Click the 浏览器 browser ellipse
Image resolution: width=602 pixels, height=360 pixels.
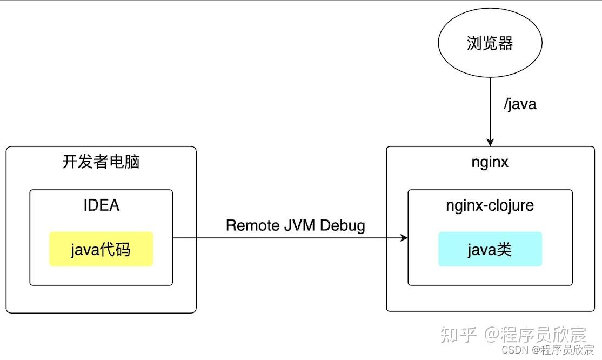[x=490, y=44]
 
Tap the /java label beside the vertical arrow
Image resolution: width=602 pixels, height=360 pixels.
[x=520, y=103]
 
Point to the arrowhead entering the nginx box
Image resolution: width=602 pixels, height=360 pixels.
[x=490, y=142]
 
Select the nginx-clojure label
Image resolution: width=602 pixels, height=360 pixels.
[x=490, y=205]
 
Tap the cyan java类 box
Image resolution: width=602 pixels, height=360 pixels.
[x=490, y=249]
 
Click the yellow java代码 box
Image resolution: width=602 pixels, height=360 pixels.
[x=101, y=249]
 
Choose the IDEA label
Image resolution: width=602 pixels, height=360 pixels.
[x=101, y=205]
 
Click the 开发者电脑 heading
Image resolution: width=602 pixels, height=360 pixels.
[x=101, y=162]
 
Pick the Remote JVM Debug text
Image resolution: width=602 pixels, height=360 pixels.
[x=295, y=225]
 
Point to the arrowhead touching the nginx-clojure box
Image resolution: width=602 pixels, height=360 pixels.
[x=404, y=238]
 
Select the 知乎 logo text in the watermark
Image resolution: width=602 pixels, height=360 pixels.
[x=458, y=335]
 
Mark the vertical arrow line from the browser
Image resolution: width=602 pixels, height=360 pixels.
[x=490, y=108]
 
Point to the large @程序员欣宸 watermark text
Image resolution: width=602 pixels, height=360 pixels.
[x=535, y=335]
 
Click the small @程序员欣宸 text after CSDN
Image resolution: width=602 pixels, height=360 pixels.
[x=562, y=350]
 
